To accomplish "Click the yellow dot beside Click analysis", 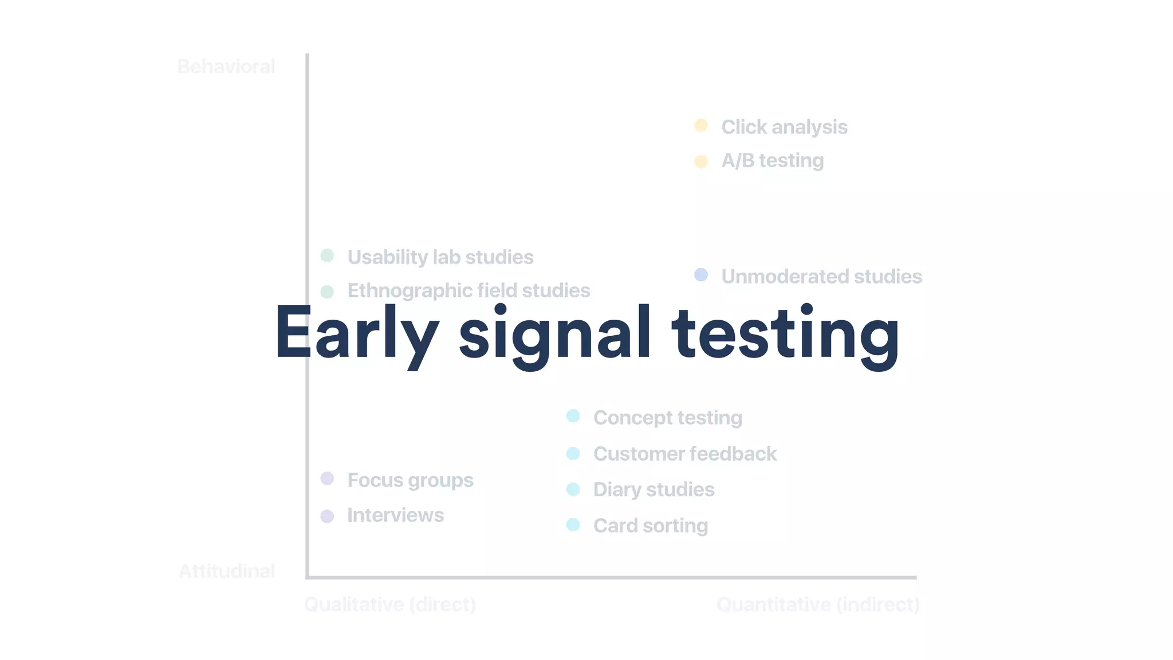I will (701, 125).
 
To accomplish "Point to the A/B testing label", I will (772, 161).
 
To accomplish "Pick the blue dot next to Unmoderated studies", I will (701, 275).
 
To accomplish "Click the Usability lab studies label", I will (440, 257).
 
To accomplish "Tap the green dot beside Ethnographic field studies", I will (327, 292).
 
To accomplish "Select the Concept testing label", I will (667, 418).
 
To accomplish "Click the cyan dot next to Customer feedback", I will (573, 454).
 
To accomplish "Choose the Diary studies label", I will (654, 490).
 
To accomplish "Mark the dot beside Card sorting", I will (573, 525).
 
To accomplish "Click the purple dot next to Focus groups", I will (327, 478).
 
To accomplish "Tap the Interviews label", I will (395, 515).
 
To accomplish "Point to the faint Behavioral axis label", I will (226, 66).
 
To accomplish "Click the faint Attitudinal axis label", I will (227, 571).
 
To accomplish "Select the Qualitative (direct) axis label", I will (390, 604).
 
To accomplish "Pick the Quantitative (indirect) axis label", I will (818, 604).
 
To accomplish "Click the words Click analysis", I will (784, 127).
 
